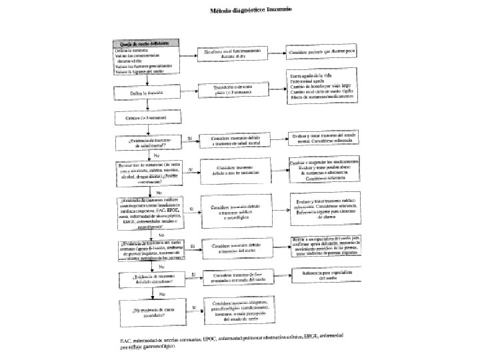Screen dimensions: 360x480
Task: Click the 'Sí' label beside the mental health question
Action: point(191,137)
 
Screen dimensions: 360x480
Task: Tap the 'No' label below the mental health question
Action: point(157,155)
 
